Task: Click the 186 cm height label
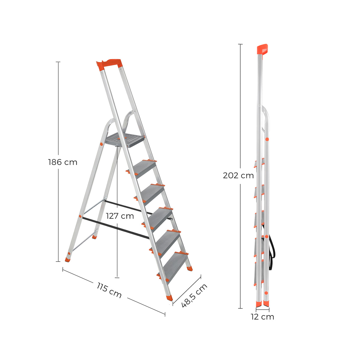(x=63, y=162)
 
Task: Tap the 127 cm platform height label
(x=120, y=216)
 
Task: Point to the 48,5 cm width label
(x=194, y=295)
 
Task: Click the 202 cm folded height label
(x=238, y=175)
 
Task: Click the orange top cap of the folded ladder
(x=262, y=49)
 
